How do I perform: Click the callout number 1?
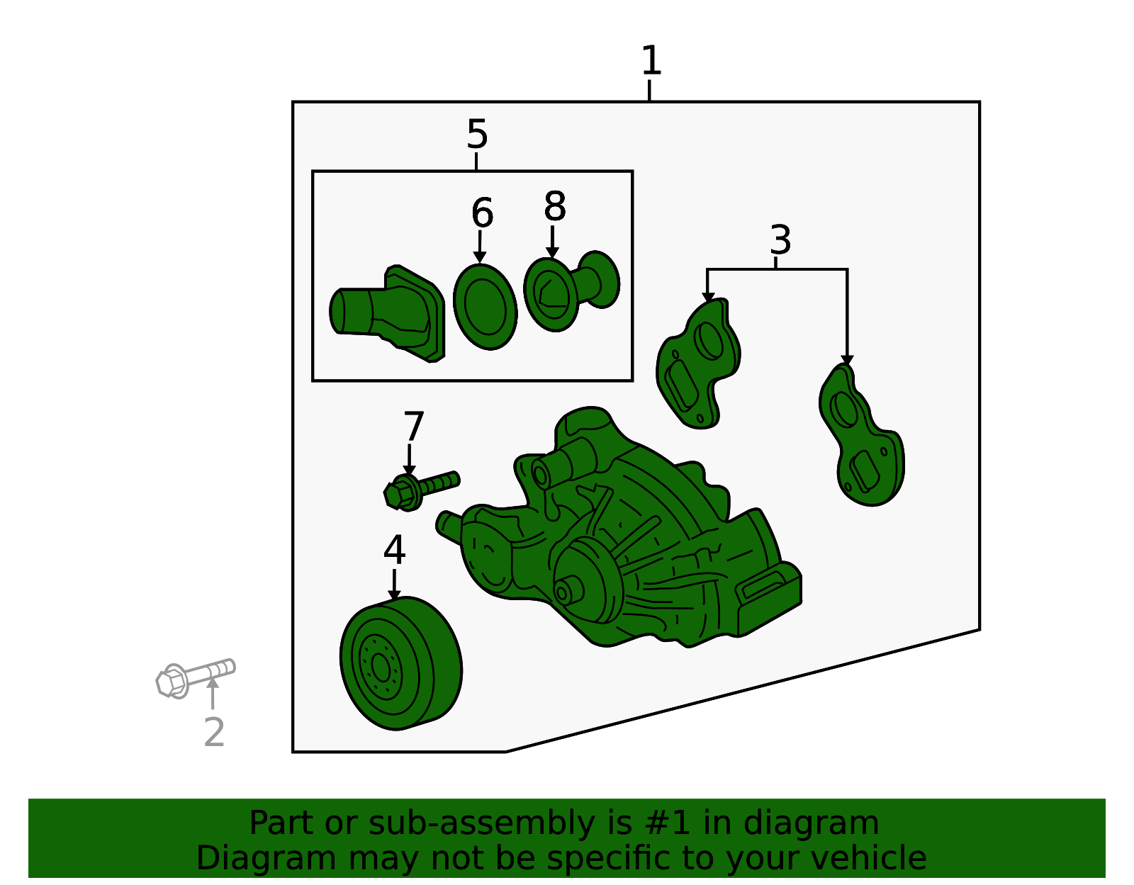[651, 60]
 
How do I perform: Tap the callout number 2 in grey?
[215, 732]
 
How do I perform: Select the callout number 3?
[781, 239]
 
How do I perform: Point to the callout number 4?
[395, 550]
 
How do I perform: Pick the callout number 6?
[482, 213]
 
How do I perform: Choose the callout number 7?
[413, 427]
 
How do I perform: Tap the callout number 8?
[555, 205]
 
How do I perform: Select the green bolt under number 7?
[420, 490]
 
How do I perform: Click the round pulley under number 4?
[400, 663]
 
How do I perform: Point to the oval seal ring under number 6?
[485, 307]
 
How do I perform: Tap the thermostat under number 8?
[571, 291]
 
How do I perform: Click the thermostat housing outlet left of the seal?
[388, 315]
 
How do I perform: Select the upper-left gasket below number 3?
[697, 363]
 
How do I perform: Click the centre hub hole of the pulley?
[381, 668]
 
